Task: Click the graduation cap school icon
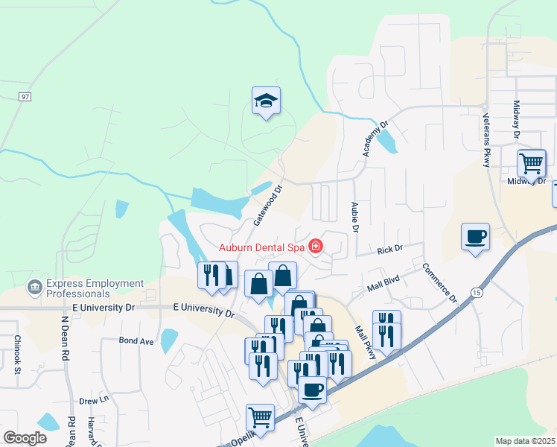click(x=266, y=101)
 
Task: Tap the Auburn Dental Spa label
click(x=263, y=247)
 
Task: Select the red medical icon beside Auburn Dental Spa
click(x=316, y=245)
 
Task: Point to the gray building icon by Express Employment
click(x=34, y=287)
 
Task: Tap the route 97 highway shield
click(x=25, y=96)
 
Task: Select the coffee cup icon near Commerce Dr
click(x=475, y=237)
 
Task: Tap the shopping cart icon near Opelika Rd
click(x=260, y=416)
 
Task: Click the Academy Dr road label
click(x=376, y=139)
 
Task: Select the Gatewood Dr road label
click(x=270, y=206)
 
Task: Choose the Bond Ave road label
click(x=136, y=340)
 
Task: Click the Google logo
click(x=25, y=438)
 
